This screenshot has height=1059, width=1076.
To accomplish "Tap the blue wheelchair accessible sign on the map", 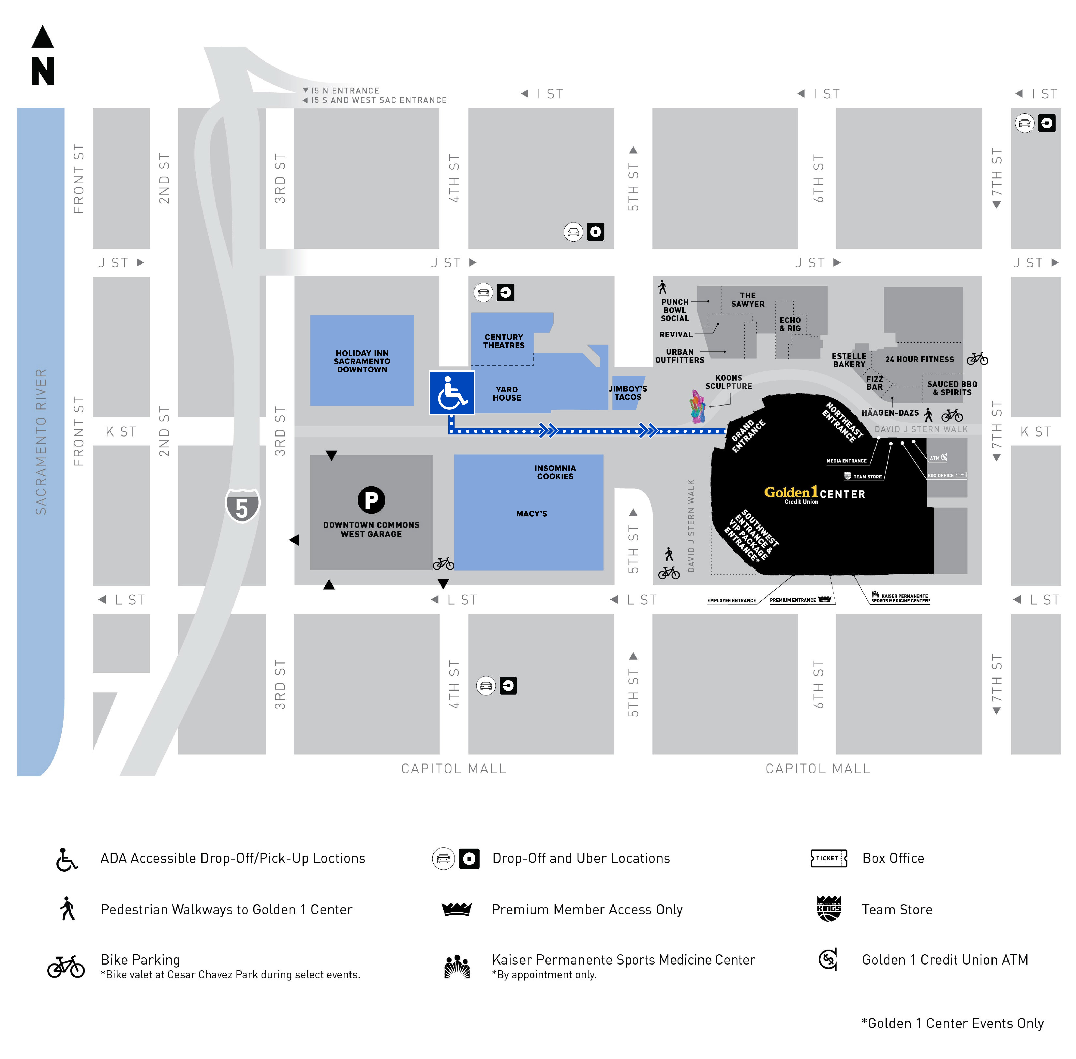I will (x=451, y=393).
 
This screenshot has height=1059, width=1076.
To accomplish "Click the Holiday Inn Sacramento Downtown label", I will (x=362, y=361).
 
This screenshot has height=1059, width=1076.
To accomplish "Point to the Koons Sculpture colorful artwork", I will (x=697, y=406).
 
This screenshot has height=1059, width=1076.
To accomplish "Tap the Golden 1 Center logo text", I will (x=814, y=493).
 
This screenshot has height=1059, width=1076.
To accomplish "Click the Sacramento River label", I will (x=41, y=441).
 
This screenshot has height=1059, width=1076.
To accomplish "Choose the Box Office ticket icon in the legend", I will (x=828, y=858).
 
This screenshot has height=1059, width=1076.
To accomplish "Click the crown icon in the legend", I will (x=456, y=909).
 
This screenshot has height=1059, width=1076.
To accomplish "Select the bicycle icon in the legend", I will (x=66, y=967).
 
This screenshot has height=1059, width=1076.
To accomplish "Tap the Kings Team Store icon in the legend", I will (x=828, y=909).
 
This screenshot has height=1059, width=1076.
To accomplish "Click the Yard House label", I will (x=507, y=393).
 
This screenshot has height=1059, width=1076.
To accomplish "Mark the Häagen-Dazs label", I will (x=890, y=413).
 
